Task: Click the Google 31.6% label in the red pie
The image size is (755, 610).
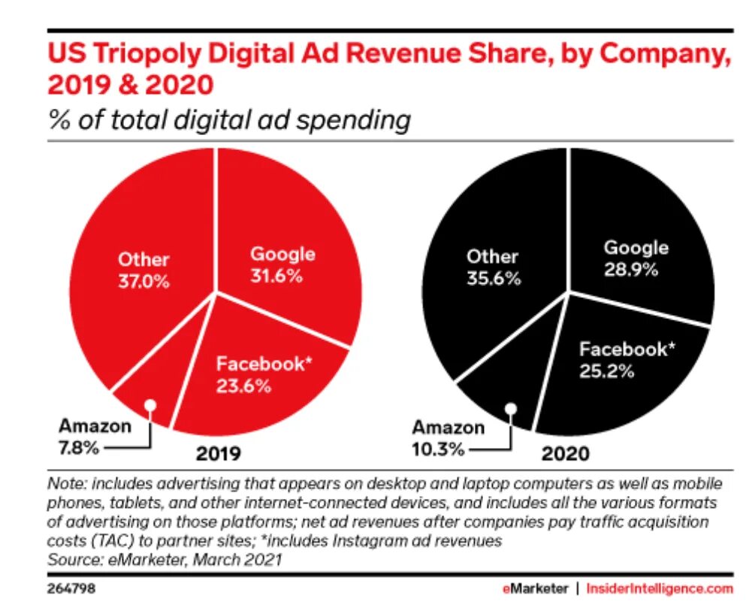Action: (282, 264)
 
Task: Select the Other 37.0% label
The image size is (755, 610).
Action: (143, 271)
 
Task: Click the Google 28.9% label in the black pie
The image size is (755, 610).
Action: (636, 258)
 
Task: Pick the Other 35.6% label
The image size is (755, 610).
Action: (492, 267)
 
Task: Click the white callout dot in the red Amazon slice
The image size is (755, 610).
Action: (150, 405)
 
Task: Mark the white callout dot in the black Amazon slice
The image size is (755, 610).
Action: (511, 409)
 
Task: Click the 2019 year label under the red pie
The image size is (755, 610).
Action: (218, 454)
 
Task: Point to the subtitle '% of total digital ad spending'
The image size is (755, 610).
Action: (229, 120)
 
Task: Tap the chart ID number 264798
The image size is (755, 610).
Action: (71, 589)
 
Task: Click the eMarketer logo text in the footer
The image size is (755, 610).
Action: (535, 589)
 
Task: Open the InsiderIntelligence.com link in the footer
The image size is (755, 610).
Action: (659, 589)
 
